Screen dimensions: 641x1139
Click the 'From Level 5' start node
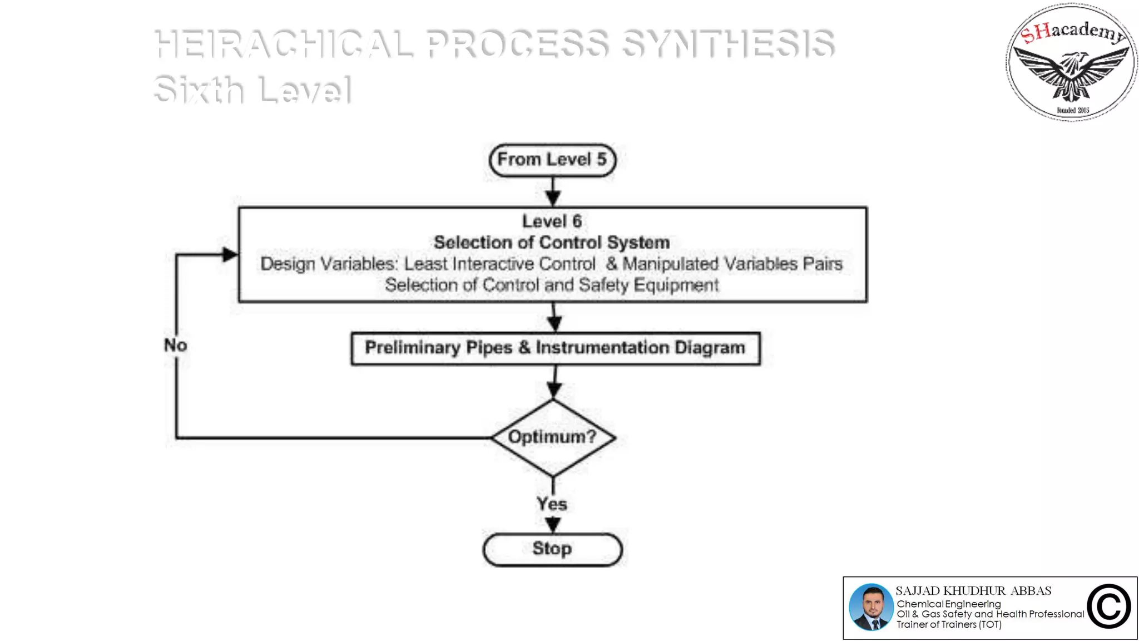coord(552,160)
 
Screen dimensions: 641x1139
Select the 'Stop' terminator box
coord(552,549)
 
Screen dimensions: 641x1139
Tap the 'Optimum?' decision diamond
coord(553,437)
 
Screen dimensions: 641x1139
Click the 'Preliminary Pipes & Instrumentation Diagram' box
coord(555,348)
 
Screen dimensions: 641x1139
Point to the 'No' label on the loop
coord(175,345)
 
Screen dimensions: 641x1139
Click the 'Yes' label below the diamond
coord(552,504)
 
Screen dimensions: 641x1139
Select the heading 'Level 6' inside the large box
coord(552,221)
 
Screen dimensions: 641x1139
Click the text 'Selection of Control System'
coord(552,243)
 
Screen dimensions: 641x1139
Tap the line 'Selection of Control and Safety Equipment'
coord(552,285)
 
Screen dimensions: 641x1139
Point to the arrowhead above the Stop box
coord(553,525)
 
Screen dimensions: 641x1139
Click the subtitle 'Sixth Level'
coord(252,90)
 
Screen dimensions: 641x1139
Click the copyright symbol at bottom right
coord(1108,607)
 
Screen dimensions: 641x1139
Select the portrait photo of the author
coord(871,607)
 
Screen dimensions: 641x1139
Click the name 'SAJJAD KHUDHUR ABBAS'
coord(973,591)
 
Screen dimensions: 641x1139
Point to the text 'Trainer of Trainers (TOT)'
coord(949,625)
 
